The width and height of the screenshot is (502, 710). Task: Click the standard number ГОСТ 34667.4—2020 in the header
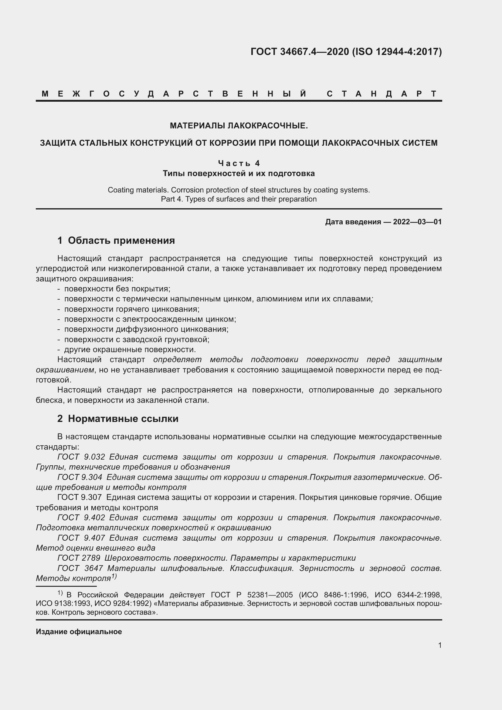point(299,52)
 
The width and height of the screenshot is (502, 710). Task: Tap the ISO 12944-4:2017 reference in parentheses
point(397,52)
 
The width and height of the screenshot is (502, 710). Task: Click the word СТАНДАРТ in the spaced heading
point(382,94)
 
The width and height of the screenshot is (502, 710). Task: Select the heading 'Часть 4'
point(239,163)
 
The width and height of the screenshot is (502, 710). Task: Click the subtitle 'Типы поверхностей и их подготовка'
point(239,174)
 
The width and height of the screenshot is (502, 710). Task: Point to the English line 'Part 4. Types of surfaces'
point(239,199)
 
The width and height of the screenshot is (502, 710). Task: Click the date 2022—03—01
point(417,222)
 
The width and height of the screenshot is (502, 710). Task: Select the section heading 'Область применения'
point(121,240)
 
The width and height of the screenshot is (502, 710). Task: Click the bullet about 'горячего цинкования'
point(132,309)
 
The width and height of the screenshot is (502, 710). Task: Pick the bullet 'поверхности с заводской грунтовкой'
point(137,340)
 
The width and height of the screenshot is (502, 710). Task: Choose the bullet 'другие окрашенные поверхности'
point(130,349)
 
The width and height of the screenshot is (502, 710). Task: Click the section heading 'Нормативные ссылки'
point(123,418)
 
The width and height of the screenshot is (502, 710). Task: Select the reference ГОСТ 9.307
point(80,497)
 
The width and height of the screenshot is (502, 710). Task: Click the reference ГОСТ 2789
point(79,558)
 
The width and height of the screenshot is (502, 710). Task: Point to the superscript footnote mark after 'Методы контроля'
point(114,576)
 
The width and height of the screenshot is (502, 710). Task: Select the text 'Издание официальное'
point(79,631)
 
